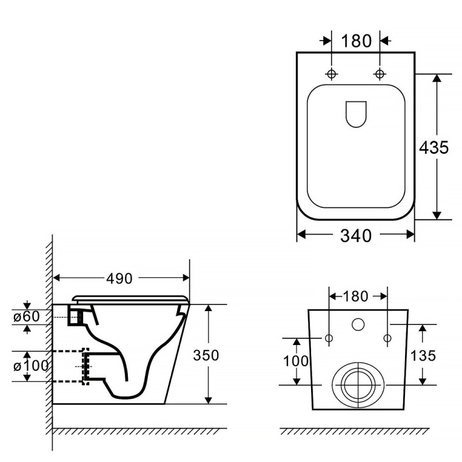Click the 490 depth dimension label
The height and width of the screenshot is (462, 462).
point(119,278)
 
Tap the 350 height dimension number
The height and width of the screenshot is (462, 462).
point(206,355)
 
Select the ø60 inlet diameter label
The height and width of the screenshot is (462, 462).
point(27,316)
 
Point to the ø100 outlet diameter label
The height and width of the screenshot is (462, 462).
point(31,366)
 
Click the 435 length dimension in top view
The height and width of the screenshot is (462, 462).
point(434,147)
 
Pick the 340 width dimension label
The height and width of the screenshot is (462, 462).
point(356,236)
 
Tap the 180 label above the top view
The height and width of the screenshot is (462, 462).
point(356,41)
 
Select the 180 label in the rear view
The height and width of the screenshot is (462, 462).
point(355,296)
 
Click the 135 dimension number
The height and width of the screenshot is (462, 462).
point(423,355)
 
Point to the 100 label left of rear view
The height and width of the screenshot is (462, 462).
point(296,361)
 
